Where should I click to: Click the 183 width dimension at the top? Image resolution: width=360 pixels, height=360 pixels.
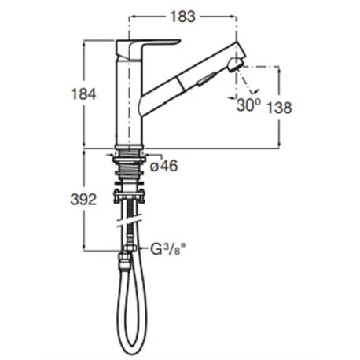coord(181,14)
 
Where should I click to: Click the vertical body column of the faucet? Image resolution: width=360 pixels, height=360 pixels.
coord(128,102)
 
